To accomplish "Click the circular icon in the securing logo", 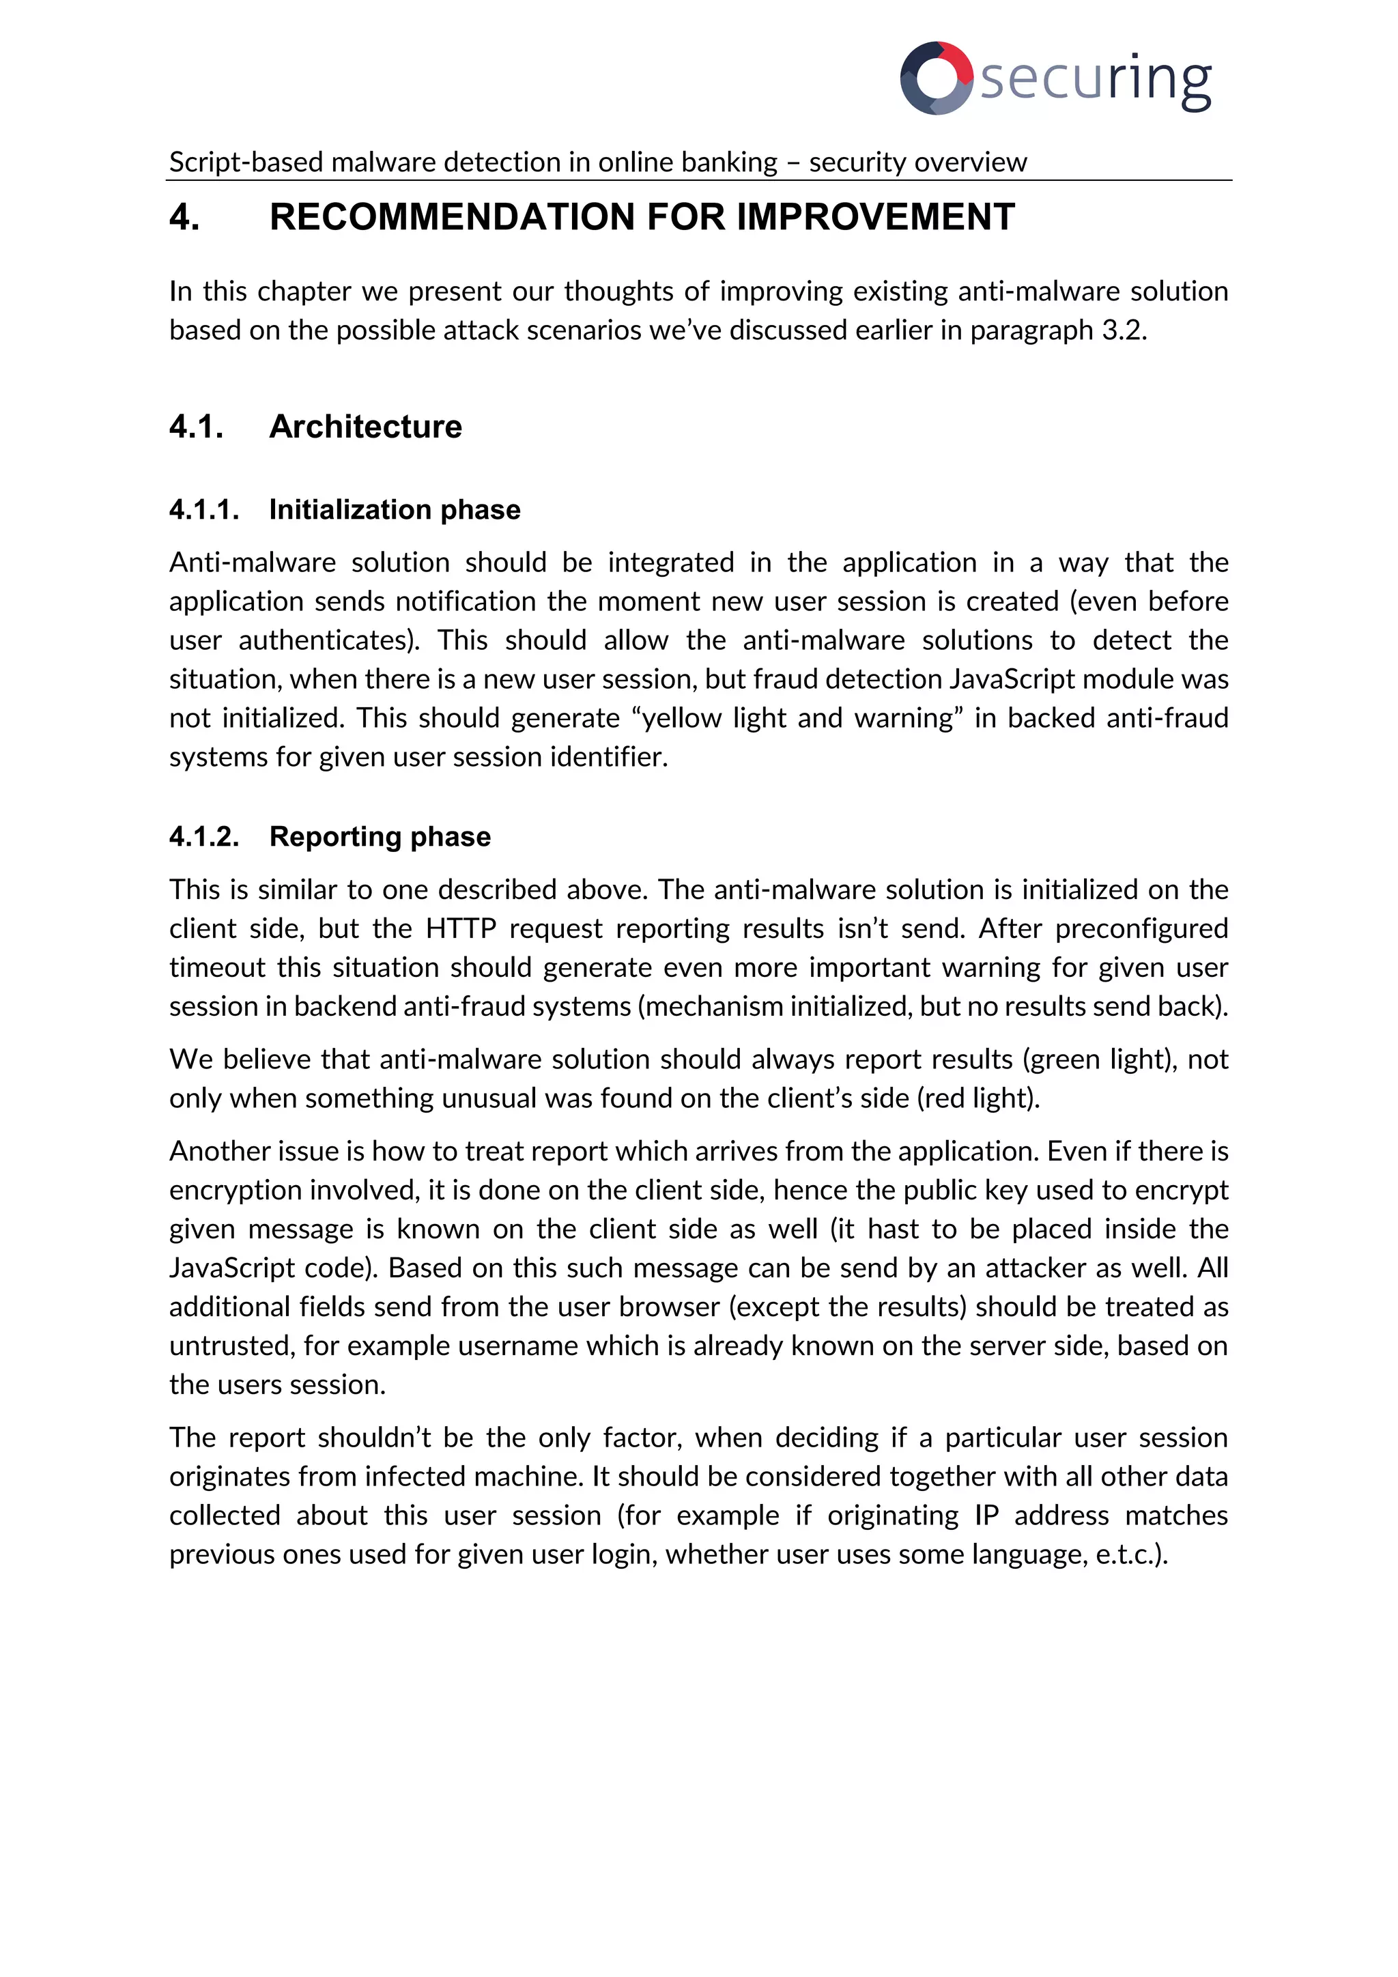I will click(937, 78).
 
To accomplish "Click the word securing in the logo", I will click(1096, 79).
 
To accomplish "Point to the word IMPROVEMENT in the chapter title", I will click(876, 217).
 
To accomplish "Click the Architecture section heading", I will click(365, 426).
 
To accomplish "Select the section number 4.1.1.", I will click(204, 510).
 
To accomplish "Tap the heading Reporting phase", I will click(380, 836).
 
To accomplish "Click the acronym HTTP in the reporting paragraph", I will click(461, 928).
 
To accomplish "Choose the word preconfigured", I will click(1141, 928).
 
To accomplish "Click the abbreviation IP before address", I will click(986, 1515).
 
